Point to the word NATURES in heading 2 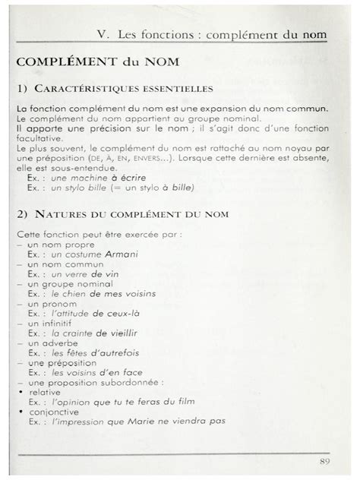point(62,215)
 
